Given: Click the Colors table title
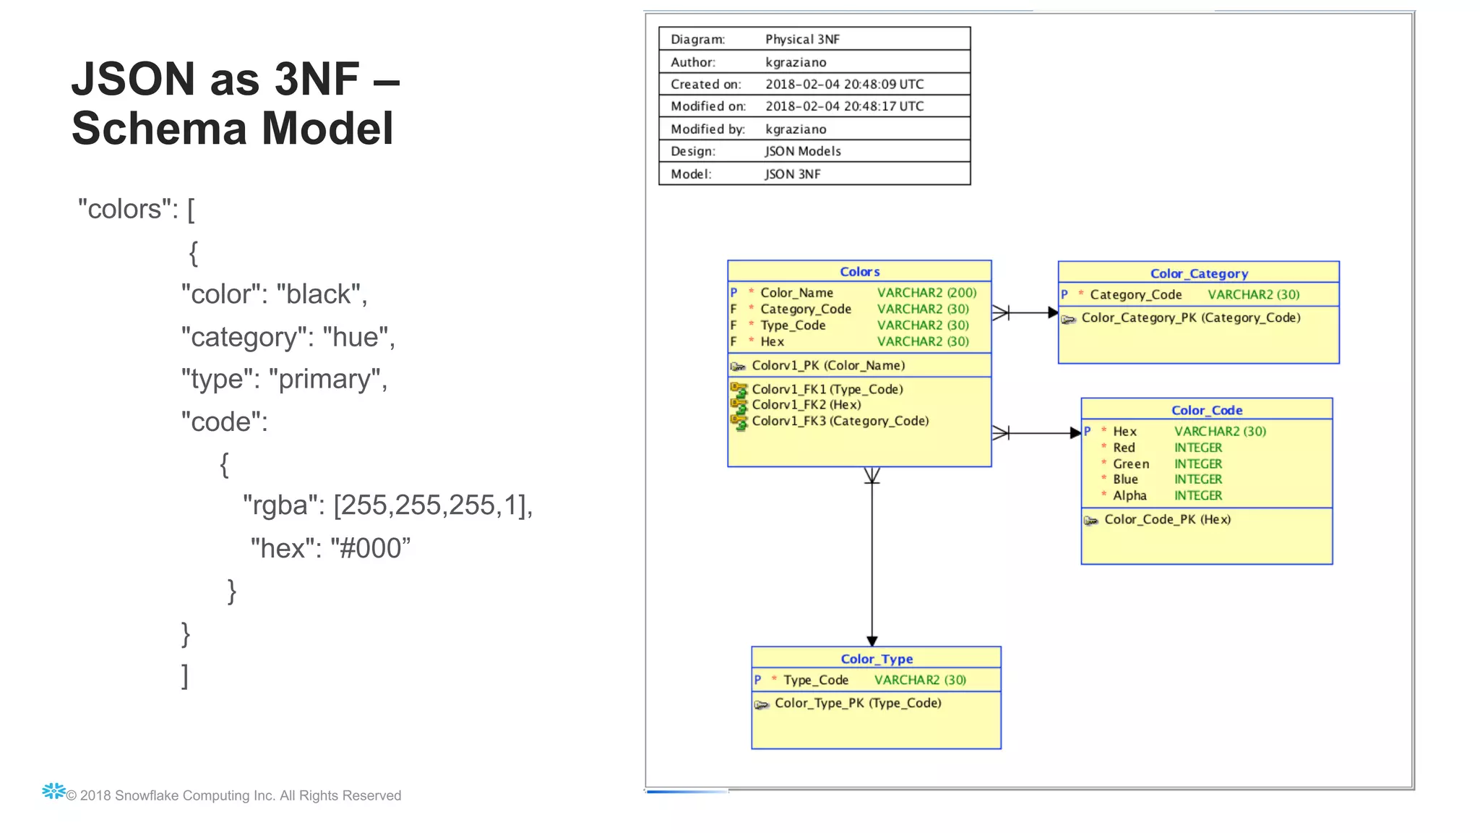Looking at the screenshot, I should (x=859, y=272).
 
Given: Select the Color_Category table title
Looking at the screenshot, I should (x=1199, y=273).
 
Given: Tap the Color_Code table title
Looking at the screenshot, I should (x=1206, y=410).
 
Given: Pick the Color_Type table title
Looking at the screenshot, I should (x=877, y=659).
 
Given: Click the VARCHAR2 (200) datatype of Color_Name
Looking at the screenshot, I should (x=926, y=293).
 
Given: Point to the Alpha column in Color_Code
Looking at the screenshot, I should (x=1130, y=496).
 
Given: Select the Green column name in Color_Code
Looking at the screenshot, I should (x=1131, y=464).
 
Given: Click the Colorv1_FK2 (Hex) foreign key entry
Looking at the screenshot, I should (x=806, y=405).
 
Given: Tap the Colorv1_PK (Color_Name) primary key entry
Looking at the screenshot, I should (x=827, y=366).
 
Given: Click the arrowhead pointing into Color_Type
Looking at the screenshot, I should (x=872, y=641).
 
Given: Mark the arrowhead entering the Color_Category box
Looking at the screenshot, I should (x=1053, y=313).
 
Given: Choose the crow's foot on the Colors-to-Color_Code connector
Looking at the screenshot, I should (x=1001, y=433).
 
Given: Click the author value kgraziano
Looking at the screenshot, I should (x=796, y=62).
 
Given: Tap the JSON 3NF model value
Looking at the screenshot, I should (x=793, y=174).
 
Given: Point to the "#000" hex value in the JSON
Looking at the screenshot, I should (x=370, y=548).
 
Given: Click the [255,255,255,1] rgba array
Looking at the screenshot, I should (x=432, y=505).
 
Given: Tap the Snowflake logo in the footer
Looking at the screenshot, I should (x=53, y=791).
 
